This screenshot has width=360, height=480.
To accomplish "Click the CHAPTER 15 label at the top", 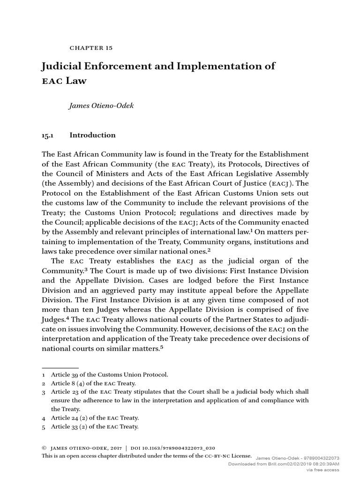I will click(91, 48).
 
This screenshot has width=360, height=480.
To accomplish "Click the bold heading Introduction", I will click(92, 135).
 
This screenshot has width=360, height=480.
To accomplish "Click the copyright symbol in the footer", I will click(45, 448).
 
